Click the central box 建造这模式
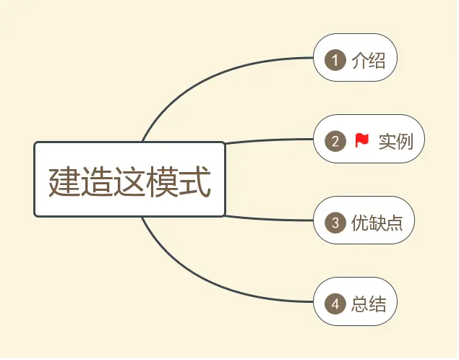point(130,179)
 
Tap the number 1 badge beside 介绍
point(335,59)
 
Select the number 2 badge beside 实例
point(335,140)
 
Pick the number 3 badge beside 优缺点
point(335,223)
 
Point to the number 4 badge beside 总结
point(335,304)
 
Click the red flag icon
point(362,140)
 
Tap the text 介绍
point(368,60)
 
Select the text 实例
point(395,141)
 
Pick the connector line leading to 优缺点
point(275,219)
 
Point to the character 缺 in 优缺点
point(376,223)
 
